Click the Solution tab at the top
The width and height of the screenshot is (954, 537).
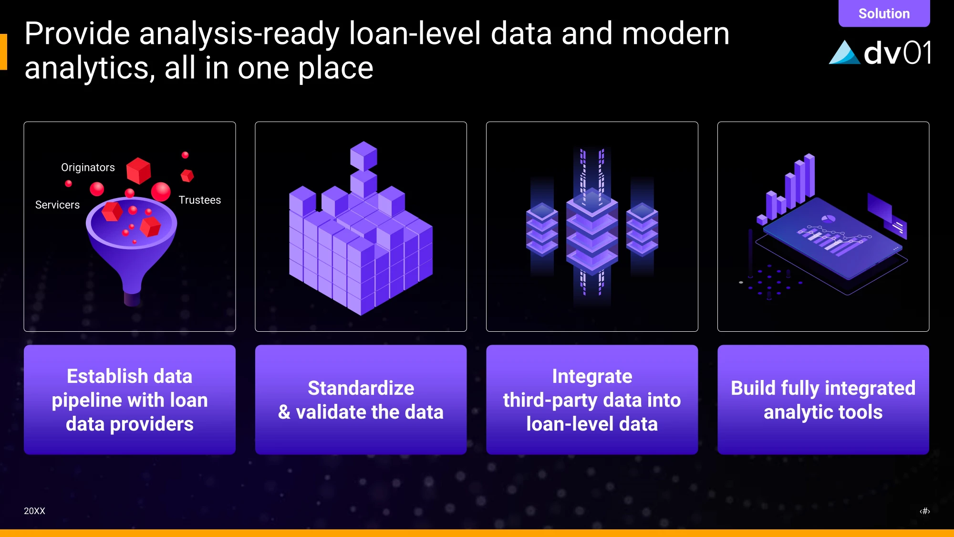click(x=884, y=13)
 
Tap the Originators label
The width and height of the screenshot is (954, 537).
click(x=88, y=168)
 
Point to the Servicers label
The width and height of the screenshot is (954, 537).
click(x=57, y=205)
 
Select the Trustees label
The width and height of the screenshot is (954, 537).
click(x=199, y=200)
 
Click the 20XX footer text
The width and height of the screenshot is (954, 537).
click(x=34, y=511)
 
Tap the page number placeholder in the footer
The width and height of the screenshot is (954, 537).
click(x=925, y=511)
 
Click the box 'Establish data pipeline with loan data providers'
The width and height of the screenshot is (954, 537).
click(x=130, y=400)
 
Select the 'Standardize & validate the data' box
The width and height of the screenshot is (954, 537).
click(x=361, y=400)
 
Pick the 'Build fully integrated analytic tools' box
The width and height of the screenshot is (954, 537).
click(x=823, y=400)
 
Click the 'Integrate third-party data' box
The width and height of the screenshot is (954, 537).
click(x=592, y=400)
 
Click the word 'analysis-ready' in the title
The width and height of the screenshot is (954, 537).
click(x=238, y=34)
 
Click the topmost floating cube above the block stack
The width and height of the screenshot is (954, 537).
click(x=363, y=156)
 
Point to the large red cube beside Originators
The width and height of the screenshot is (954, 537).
click(x=138, y=170)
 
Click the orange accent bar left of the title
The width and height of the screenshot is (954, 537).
click(x=3, y=52)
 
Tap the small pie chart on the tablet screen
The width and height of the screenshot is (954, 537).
click(x=828, y=219)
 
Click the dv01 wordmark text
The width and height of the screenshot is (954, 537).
click(x=897, y=52)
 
